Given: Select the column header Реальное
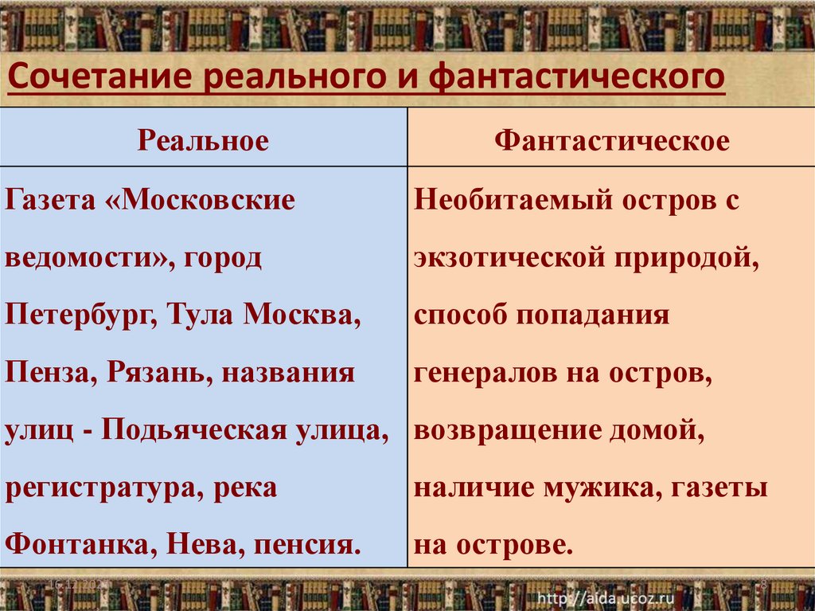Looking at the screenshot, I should coord(204,141).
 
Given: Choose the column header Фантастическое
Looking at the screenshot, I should coord(611,141).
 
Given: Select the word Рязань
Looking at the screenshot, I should coord(151,373).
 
